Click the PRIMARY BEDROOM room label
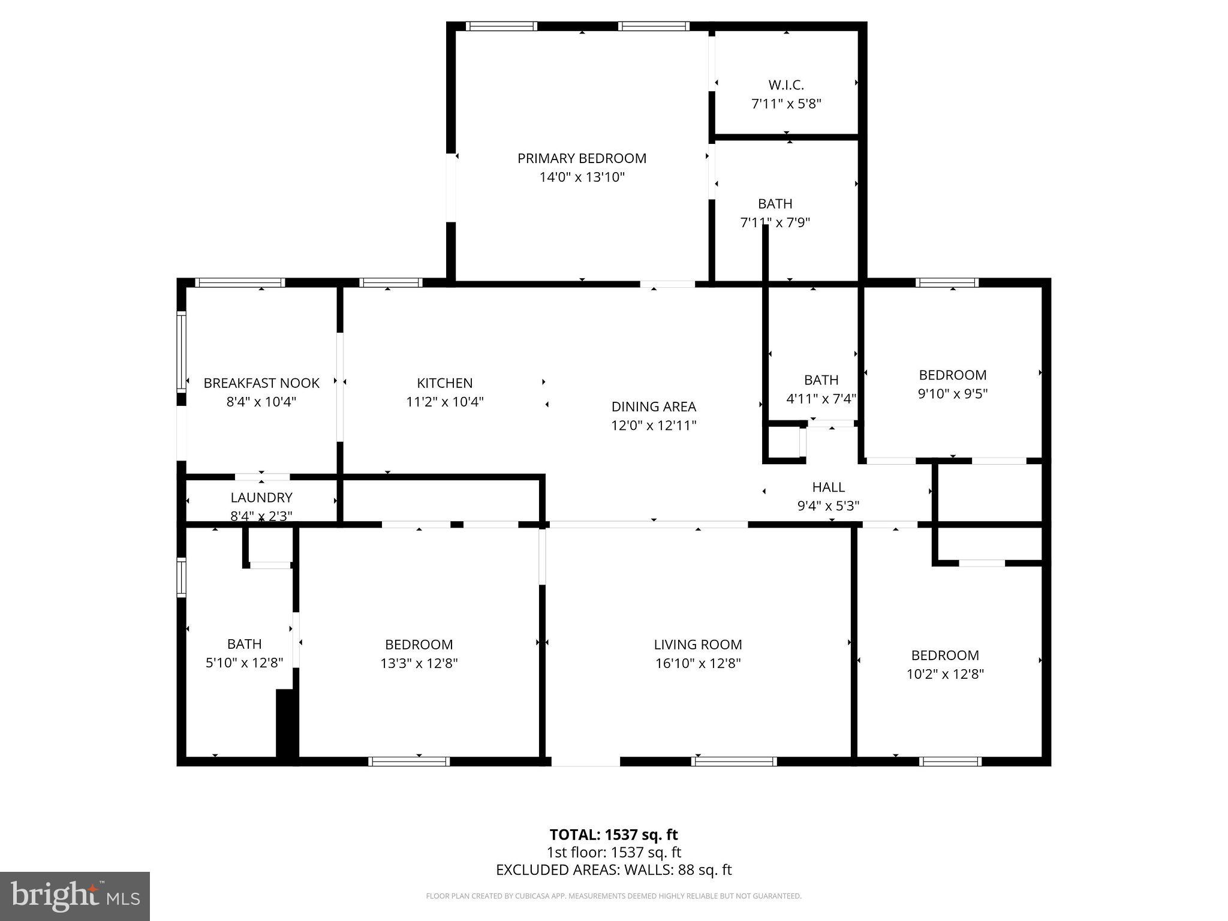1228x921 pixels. coord(582,158)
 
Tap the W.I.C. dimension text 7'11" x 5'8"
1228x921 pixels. coord(786,104)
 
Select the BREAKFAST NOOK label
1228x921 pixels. coord(261,383)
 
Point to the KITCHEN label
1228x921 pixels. coord(444,383)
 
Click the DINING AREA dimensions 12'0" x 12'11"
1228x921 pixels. coord(653,426)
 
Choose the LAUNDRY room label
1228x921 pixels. coord(261,497)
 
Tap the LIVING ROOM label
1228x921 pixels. coord(697,645)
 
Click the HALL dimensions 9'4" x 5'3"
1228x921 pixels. coord(827,506)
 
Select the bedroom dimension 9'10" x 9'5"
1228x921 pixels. coord(952,394)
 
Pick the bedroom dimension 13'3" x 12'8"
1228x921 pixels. coord(419,663)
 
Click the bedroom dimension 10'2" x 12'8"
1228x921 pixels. coord(945,674)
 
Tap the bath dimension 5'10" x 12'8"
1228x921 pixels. coord(244,663)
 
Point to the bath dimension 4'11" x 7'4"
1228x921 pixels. coord(821,399)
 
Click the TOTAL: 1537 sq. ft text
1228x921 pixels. coord(613,835)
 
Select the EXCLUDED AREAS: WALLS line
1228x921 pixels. coord(613,870)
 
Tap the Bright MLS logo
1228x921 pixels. coord(74,896)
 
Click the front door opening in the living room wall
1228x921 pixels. coord(585,762)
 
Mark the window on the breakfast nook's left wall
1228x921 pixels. coord(180,351)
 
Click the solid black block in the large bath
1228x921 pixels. coord(287,726)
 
